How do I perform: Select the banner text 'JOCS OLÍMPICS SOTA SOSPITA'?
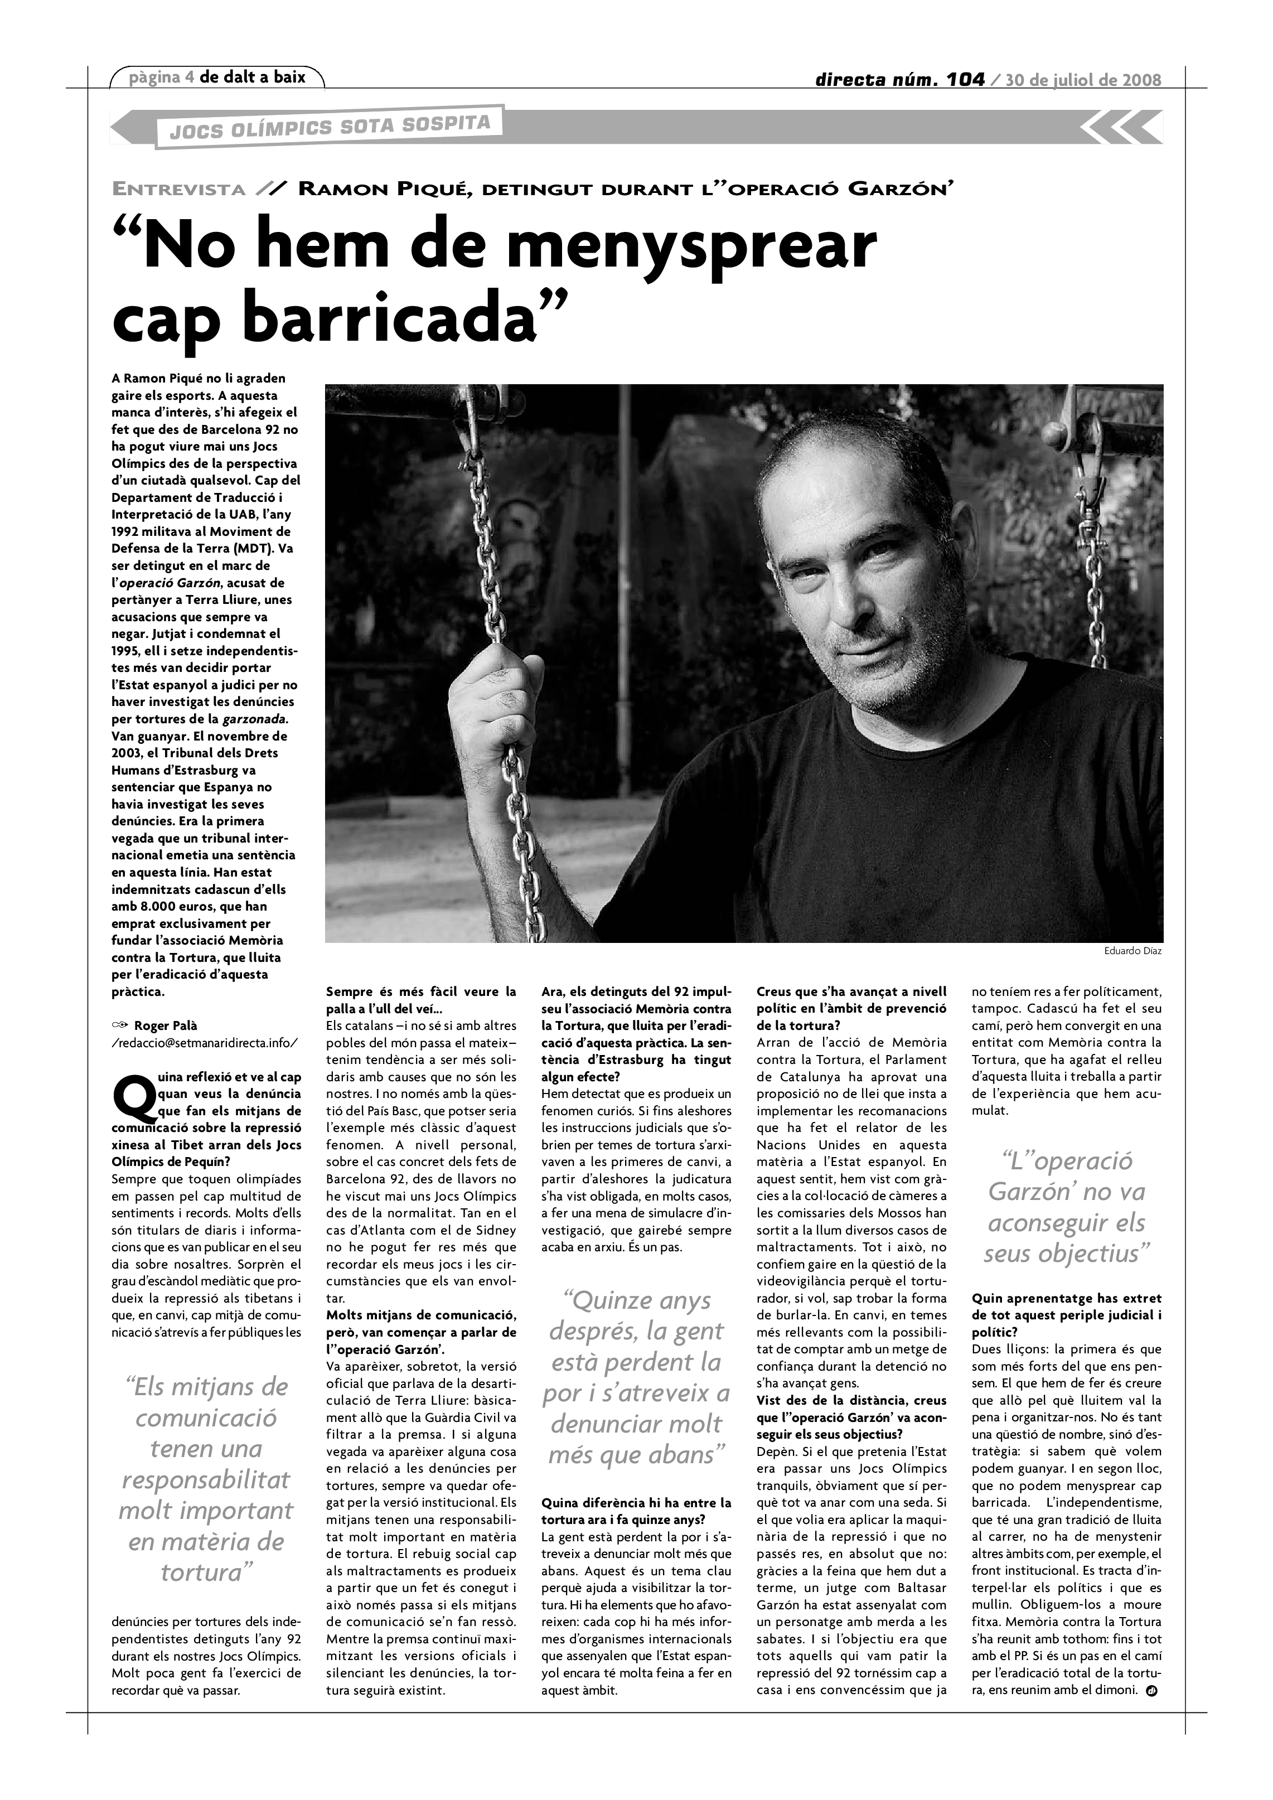point(330,127)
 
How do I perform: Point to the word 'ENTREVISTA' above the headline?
point(180,189)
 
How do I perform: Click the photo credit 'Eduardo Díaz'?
point(1132,951)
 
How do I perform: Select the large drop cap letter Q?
point(133,1099)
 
